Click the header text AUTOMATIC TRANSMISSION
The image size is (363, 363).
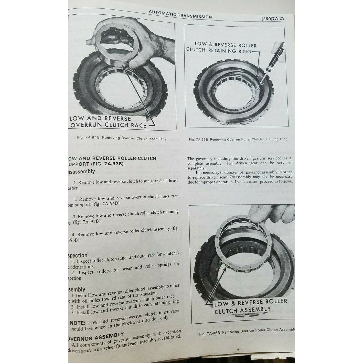(180, 15)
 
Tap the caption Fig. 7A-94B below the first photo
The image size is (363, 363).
(122, 139)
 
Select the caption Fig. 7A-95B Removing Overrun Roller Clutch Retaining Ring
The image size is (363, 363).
(238, 139)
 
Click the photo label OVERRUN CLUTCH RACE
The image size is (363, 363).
(108, 125)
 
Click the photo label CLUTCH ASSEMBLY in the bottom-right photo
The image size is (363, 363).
(242, 311)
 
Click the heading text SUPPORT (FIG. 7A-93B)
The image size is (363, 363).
(96, 164)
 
